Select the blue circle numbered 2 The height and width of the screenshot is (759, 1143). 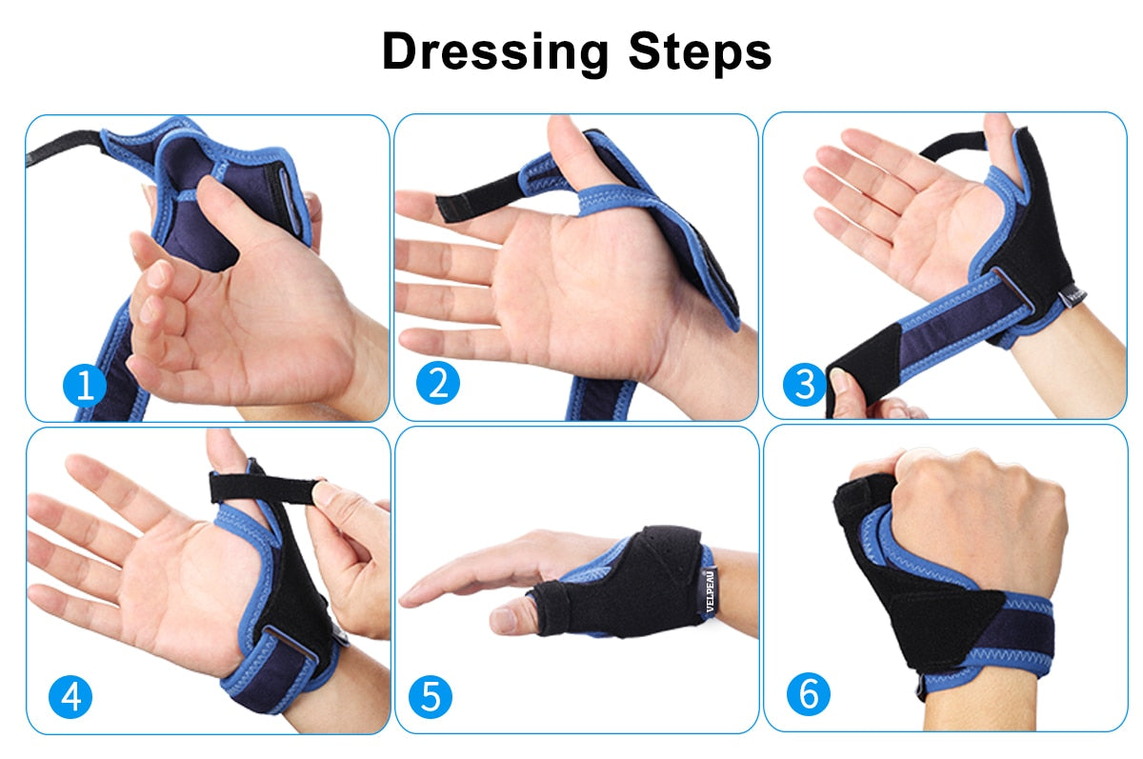tap(438, 384)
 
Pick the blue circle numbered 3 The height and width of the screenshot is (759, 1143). tap(805, 385)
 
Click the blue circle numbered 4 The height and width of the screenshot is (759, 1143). tap(71, 698)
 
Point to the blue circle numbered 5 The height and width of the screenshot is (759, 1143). tap(431, 697)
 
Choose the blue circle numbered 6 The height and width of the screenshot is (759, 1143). tap(808, 694)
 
